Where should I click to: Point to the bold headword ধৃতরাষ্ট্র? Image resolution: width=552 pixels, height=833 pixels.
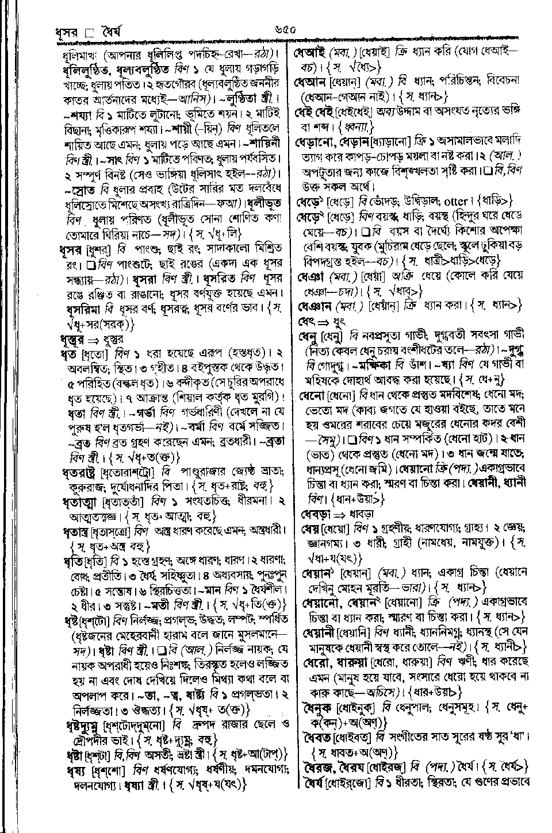pos(80,473)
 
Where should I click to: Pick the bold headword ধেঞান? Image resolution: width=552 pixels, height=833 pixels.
pos(314,305)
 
